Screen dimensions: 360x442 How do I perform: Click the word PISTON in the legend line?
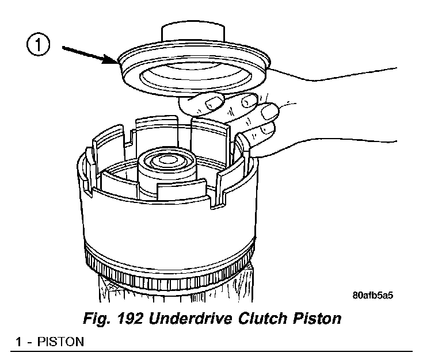pos(60,342)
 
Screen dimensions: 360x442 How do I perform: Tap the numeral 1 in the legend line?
pos(19,342)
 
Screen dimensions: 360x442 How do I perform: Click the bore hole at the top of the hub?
pos(168,156)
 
